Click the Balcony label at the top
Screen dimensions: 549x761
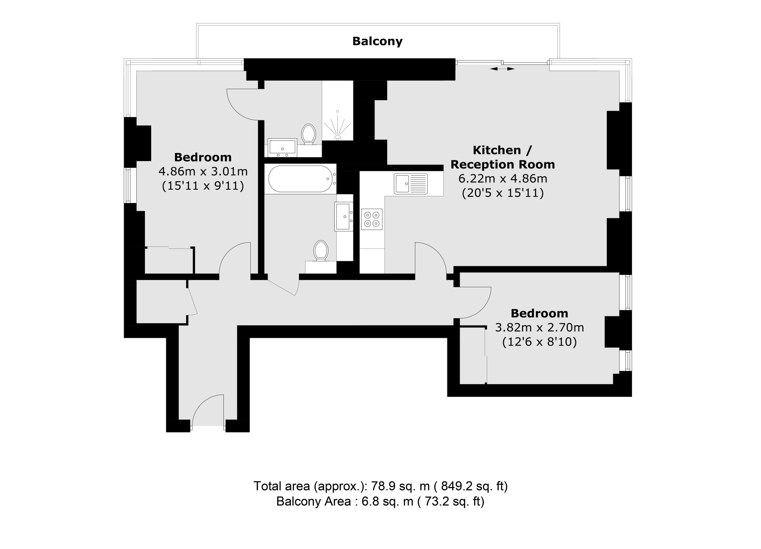point(377,41)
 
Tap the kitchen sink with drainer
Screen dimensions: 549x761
point(411,183)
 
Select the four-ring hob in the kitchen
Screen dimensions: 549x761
point(372,219)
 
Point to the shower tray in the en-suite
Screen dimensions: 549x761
point(337,122)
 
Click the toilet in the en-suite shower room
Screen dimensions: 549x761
point(308,134)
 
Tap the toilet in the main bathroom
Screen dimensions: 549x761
point(321,251)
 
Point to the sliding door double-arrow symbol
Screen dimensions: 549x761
point(502,69)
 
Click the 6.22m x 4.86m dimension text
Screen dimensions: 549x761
point(502,179)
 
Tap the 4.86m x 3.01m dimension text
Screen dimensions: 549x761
point(203,171)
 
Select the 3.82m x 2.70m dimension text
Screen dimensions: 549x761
point(539,327)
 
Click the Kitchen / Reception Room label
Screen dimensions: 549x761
point(502,157)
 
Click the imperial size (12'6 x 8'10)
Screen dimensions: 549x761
point(539,342)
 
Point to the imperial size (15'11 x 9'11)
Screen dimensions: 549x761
point(203,186)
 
